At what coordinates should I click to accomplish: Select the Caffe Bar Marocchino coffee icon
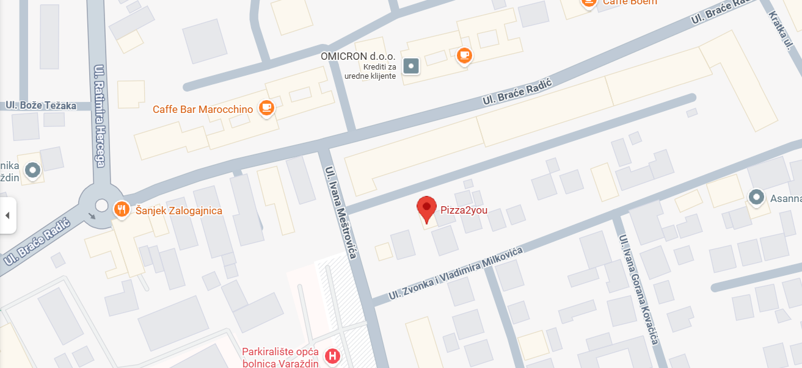click(x=266, y=109)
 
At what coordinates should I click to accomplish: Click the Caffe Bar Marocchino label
click(x=203, y=109)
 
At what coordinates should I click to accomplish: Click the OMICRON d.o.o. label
click(x=358, y=56)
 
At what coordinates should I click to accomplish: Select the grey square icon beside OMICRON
click(x=412, y=65)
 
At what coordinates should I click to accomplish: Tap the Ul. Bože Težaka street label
click(x=41, y=106)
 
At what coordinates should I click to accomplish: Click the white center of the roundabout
click(x=101, y=205)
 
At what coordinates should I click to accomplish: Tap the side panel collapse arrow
click(x=7, y=215)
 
